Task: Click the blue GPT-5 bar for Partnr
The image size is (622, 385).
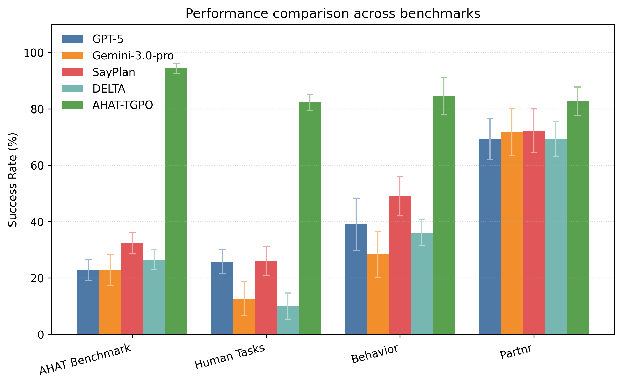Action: tap(490, 237)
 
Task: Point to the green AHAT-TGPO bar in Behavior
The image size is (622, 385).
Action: tap(444, 215)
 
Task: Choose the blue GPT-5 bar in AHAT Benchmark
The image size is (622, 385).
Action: tap(88, 302)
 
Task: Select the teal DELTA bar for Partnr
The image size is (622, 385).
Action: tap(556, 237)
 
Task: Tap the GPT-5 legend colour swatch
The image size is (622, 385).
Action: tap(72, 39)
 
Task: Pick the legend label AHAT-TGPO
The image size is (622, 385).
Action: tap(123, 105)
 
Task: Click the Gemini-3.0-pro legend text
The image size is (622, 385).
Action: tap(133, 55)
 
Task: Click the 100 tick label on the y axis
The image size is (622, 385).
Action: tap(33, 53)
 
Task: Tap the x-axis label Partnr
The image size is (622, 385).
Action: tap(516, 352)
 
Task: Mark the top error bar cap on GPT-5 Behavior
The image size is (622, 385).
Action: tap(356, 198)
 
